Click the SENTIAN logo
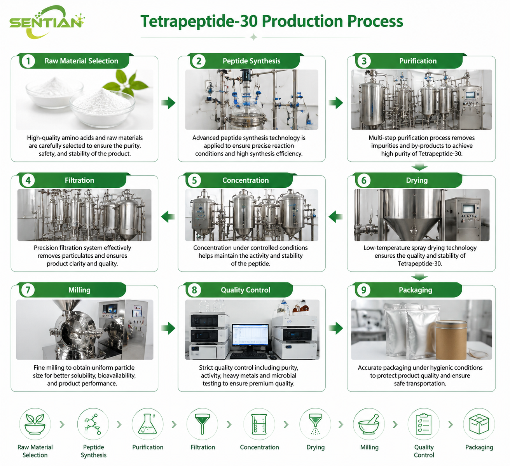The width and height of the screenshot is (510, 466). tap(47, 22)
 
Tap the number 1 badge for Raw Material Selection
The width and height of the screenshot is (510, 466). tap(28, 61)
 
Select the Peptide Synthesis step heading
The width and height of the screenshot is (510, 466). tap(252, 61)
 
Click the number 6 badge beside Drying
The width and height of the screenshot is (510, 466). tap(364, 180)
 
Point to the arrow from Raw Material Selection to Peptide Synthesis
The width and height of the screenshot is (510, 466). tap(168, 103)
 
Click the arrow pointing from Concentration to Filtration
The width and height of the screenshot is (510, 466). tap(168, 216)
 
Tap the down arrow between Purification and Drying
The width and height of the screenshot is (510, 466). tap(419, 167)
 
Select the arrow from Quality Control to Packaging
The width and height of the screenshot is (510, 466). tap(336, 328)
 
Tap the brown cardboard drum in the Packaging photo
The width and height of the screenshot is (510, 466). tap(451, 340)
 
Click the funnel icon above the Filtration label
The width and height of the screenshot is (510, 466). tap(203, 424)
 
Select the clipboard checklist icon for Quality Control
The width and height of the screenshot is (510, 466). tap(424, 424)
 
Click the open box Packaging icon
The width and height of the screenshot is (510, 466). tap(479, 424)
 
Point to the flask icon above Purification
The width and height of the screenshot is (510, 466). tap(147, 424)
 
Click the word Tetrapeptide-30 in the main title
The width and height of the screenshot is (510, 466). tap(199, 21)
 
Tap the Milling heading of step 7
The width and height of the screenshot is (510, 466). tap(79, 290)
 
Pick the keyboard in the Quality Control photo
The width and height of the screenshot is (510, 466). tap(248, 355)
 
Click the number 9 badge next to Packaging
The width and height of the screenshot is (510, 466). tap(363, 290)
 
